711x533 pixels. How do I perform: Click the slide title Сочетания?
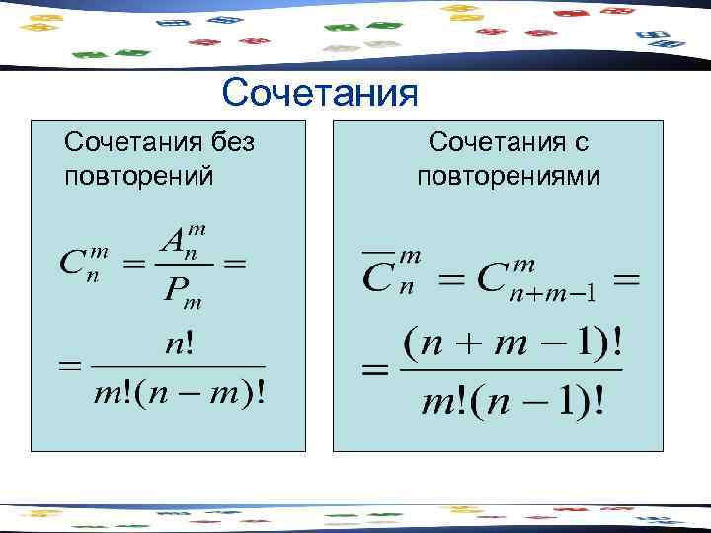321,94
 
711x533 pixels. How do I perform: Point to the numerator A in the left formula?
174,240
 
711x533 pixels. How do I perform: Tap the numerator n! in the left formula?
180,345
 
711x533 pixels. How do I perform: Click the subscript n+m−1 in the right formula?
556,293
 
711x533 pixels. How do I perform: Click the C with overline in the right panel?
376,277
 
